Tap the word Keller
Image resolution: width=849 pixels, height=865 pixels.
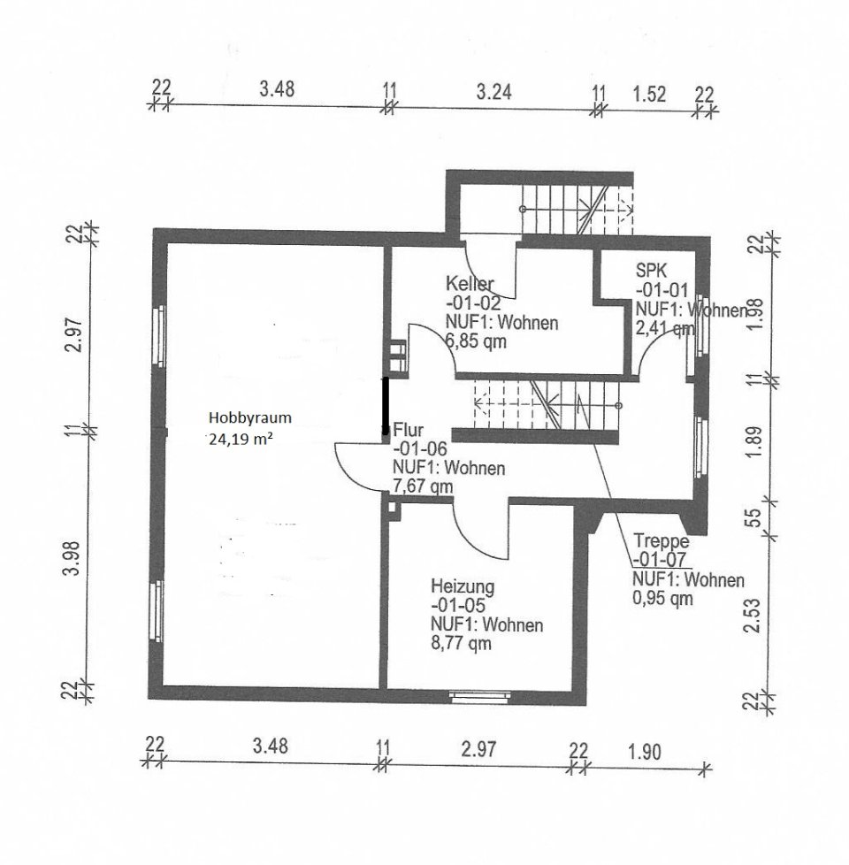(470, 285)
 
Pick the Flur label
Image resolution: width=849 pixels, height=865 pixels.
(408, 431)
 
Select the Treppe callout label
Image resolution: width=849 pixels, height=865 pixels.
(660, 541)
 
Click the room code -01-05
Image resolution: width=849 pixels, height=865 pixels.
(459, 606)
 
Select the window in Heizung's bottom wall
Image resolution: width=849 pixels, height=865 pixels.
(478, 696)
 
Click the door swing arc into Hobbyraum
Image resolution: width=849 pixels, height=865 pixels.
(349, 468)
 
